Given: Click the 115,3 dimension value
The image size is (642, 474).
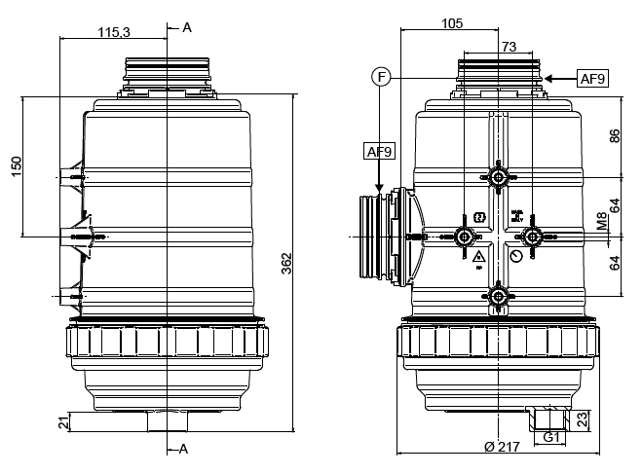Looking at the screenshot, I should tap(114, 32).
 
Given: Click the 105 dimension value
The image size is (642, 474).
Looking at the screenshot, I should tap(451, 24).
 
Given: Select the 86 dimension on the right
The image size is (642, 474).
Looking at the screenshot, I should tap(615, 136).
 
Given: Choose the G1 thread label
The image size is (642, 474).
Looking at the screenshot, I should tap(551, 437).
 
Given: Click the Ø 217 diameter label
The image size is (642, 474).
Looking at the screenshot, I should tap(499, 446).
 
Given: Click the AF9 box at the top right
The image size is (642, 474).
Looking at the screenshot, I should tap(592, 79).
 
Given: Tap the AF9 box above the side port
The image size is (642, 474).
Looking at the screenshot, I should tap(379, 151).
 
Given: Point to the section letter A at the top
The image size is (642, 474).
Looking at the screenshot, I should tap(187, 27).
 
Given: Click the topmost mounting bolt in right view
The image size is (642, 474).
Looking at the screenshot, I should tap(499, 177).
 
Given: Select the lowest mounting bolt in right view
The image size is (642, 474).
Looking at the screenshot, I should tap(499, 295).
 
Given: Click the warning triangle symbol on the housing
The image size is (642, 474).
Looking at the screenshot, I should tap(478, 258).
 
